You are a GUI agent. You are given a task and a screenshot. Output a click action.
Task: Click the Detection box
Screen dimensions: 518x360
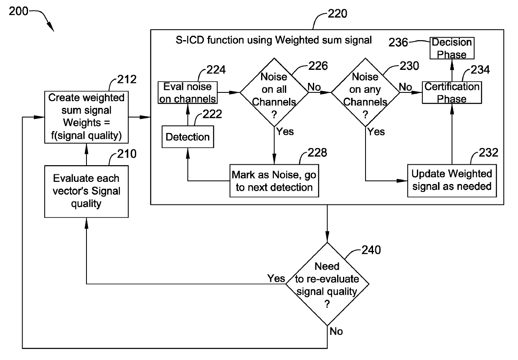click(x=188, y=137)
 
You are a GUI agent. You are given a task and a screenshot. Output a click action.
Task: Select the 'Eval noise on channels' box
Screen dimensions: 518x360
click(x=188, y=92)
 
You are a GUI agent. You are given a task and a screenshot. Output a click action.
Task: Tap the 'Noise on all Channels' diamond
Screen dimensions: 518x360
click(x=274, y=92)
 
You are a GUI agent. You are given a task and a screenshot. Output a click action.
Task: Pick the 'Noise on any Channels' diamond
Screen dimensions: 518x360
click(x=366, y=92)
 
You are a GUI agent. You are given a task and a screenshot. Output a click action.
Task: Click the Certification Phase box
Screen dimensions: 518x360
click(x=452, y=92)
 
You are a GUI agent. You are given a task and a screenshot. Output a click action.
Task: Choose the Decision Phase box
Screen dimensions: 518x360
click(x=452, y=48)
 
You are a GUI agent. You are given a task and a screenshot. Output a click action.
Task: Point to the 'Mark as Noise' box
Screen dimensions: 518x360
click(x=274, y=181)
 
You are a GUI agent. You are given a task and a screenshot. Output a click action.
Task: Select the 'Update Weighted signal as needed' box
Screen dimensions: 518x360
click(x=452, y=181)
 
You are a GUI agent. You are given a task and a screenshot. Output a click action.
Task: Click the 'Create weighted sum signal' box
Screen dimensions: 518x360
click(x=86, y=117)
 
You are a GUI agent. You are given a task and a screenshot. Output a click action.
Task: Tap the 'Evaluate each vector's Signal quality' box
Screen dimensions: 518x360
click(x=86, y=191)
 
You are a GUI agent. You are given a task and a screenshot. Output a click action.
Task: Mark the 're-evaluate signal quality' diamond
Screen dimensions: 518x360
click(x=327, y=284)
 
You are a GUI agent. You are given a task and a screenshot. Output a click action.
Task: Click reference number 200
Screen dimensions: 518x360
click(x=18, y=11)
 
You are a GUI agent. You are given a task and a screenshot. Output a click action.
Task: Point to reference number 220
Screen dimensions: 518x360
click(x=338, y=14)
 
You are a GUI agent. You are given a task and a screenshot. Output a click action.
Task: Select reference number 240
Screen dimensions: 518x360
click(x=371, y=250)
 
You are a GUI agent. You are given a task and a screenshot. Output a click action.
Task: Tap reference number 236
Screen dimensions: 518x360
click(x=398, y=42)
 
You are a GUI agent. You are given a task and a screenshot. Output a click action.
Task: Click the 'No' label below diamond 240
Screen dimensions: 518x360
click(x=336, y=332)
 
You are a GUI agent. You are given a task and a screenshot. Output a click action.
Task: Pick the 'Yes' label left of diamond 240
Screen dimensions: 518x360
click(x=276, y=278)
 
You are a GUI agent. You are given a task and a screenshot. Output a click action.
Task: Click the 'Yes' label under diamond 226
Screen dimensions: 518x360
click(x=285, y=132)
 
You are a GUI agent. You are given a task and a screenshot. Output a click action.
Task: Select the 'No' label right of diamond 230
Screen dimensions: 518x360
click(x=405, y=87)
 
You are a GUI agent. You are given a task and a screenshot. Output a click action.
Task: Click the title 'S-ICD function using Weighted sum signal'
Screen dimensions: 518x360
click(x=274, y=40)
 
